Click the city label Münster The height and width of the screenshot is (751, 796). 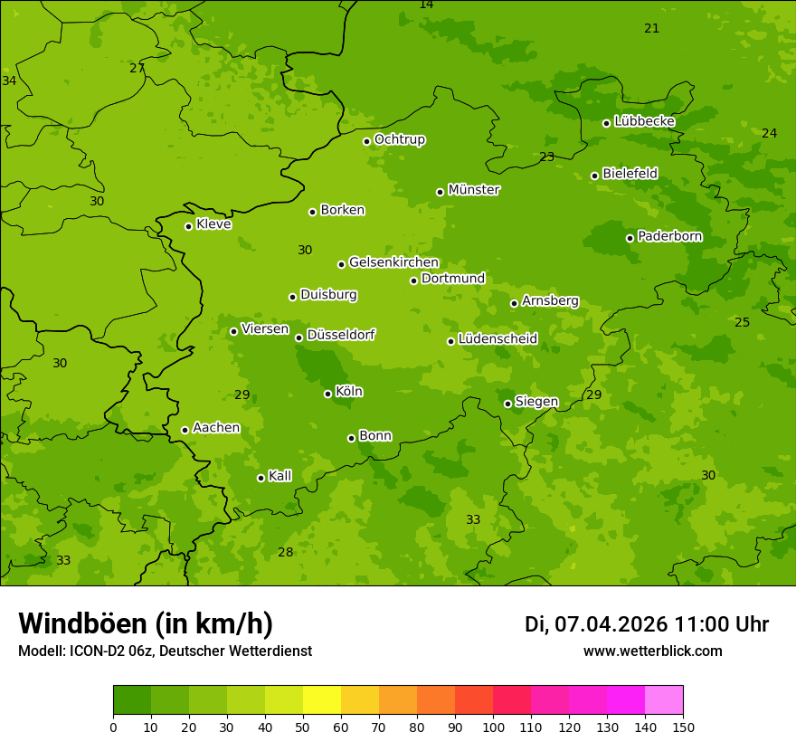[x=474, y=190]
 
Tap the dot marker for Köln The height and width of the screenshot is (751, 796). [x=327, y=394]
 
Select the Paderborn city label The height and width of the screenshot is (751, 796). [x=669, y=237]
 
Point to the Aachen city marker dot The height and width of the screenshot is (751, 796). [x=185, y=430]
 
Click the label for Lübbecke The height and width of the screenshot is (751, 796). [x=644, y=121]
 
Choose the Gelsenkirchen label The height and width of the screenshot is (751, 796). [x=393, y=262]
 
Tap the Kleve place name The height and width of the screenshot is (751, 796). [x=213, y=224]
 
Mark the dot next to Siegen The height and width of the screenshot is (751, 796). [x=507, y=404]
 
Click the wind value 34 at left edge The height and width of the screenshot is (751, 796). [x=9, y=81]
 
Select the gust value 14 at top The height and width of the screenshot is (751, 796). [x=426, y=5]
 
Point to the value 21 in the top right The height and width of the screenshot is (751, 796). [x=651, y=28]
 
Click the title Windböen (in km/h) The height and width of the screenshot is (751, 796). [x=146, y=623]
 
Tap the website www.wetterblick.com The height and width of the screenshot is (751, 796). [x=652, y=651]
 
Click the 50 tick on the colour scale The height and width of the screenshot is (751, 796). [x=303, y=726]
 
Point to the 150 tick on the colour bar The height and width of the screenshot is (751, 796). [x=683, y=726]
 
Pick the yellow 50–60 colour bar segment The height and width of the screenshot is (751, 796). [x=322, y=700]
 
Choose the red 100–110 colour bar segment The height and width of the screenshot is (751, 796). [x=512, y=700]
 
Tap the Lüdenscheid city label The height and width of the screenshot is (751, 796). [x=497, y=339]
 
